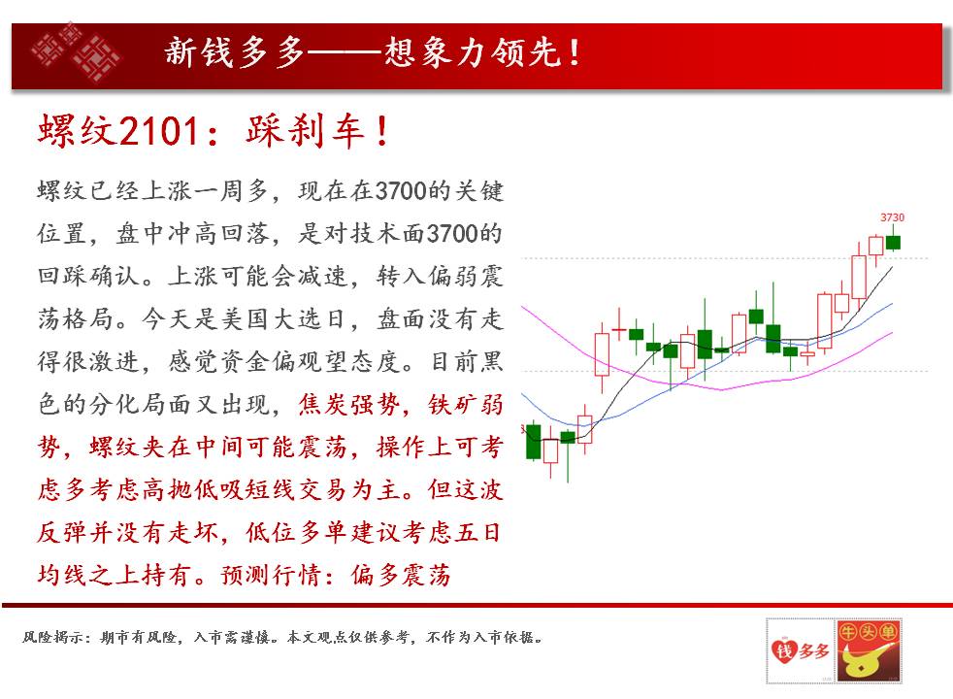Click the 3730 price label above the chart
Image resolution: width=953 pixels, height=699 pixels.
892,217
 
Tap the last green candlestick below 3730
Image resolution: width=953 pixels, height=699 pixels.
893,243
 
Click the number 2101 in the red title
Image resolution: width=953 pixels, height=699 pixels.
159,131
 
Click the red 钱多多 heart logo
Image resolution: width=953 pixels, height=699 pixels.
800,651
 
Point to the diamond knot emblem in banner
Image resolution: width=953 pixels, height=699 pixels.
76,52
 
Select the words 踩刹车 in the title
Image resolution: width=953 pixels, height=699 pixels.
304,131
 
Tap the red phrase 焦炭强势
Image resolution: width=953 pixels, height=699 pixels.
348,404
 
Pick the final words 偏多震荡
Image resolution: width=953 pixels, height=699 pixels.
401,575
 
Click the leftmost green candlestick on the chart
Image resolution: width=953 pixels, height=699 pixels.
533,441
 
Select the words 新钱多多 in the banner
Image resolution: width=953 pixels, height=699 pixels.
234,51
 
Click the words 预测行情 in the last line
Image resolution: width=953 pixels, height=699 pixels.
271,575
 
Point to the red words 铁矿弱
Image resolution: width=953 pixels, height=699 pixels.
466,404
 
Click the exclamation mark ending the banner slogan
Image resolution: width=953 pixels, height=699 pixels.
574,52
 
